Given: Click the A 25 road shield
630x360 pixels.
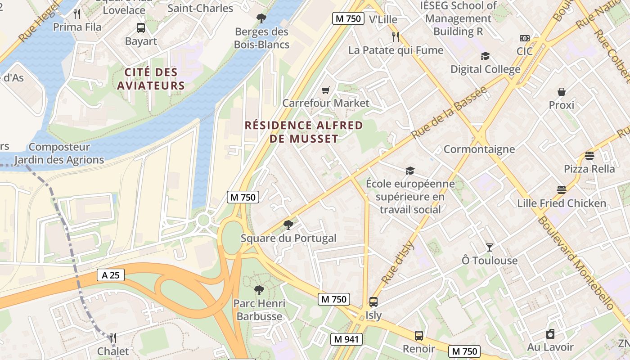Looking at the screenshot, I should (110, 275).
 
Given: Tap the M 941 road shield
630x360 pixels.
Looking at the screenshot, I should (346, 339).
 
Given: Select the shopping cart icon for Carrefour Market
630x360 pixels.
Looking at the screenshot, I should (326, 90).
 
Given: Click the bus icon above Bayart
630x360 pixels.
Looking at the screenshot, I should (141, 28).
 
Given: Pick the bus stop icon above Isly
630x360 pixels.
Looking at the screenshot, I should (373, 302).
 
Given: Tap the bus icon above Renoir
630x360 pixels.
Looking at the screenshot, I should (419, 335).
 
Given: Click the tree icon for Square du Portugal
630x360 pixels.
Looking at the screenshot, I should (288, 225).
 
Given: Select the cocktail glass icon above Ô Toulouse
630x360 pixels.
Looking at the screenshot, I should (490, 247).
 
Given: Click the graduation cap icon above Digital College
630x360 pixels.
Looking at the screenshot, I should (485, 56).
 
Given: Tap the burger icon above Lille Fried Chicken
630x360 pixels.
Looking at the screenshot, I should (561, 190).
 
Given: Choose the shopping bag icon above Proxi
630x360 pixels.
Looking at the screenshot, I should (561, 92).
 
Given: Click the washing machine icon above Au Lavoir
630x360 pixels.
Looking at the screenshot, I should (550, 334).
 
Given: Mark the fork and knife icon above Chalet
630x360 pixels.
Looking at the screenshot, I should (113, 338).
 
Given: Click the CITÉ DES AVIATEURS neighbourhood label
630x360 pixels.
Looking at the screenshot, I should (151, 79).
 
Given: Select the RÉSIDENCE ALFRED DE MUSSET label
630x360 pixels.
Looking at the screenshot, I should (304, 132).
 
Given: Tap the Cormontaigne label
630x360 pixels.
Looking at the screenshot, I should (479, 149).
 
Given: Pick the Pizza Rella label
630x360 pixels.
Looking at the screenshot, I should (589, 169).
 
